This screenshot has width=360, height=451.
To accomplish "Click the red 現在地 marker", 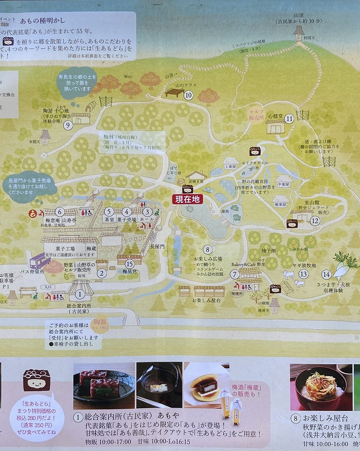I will pyautogui.click(x=186, y=199).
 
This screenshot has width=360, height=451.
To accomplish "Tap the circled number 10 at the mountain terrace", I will pyautogui.click(x=189, y=95).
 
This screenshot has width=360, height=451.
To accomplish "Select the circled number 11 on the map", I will pyautogui.click(x=289, y=118).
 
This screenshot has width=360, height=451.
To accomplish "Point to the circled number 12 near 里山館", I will pyautogui.click(x=314, y=221).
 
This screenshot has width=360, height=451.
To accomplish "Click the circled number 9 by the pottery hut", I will pyautogui.click(x=68, y=125).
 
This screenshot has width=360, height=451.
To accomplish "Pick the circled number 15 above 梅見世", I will pyautogui.click(x=130, y=263).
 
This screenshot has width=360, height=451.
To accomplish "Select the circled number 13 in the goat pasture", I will pyautogui.click(x=304, y=274).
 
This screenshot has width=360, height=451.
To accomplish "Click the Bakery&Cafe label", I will pyautogui.click(x=247, y=264).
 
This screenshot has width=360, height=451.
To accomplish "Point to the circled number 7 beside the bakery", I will pyautogui.click(x=234, y=275).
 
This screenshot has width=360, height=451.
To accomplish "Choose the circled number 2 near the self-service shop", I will pyautogui.click(x=102, y=274).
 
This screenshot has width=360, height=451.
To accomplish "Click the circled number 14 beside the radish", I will pyautogui.click(x=326, y=275).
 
